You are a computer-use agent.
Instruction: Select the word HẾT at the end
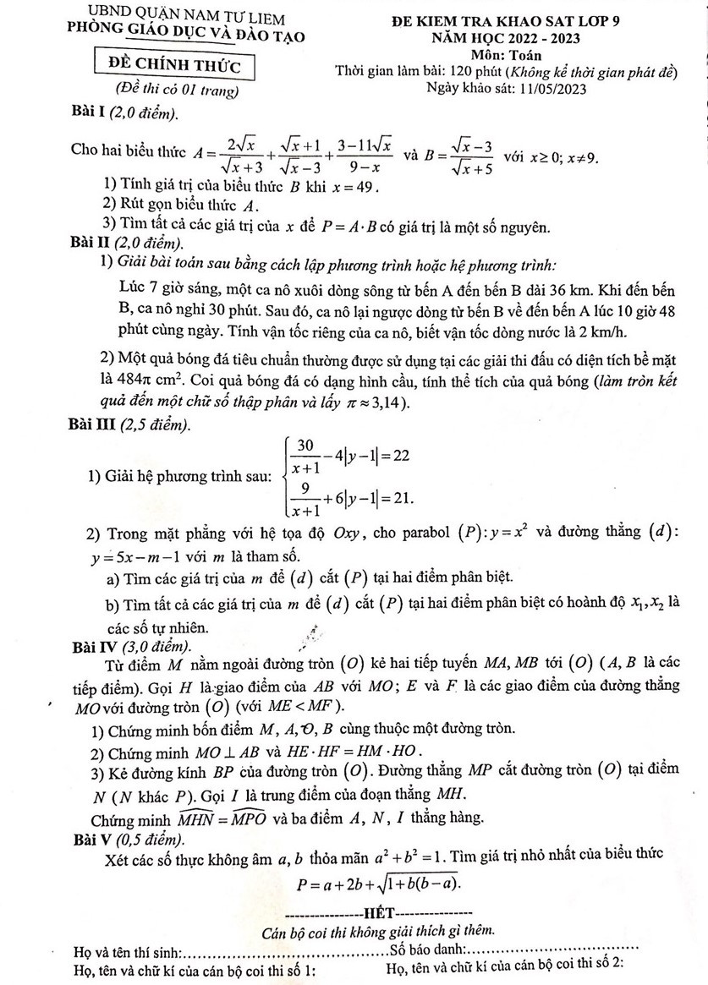[377, 913]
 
